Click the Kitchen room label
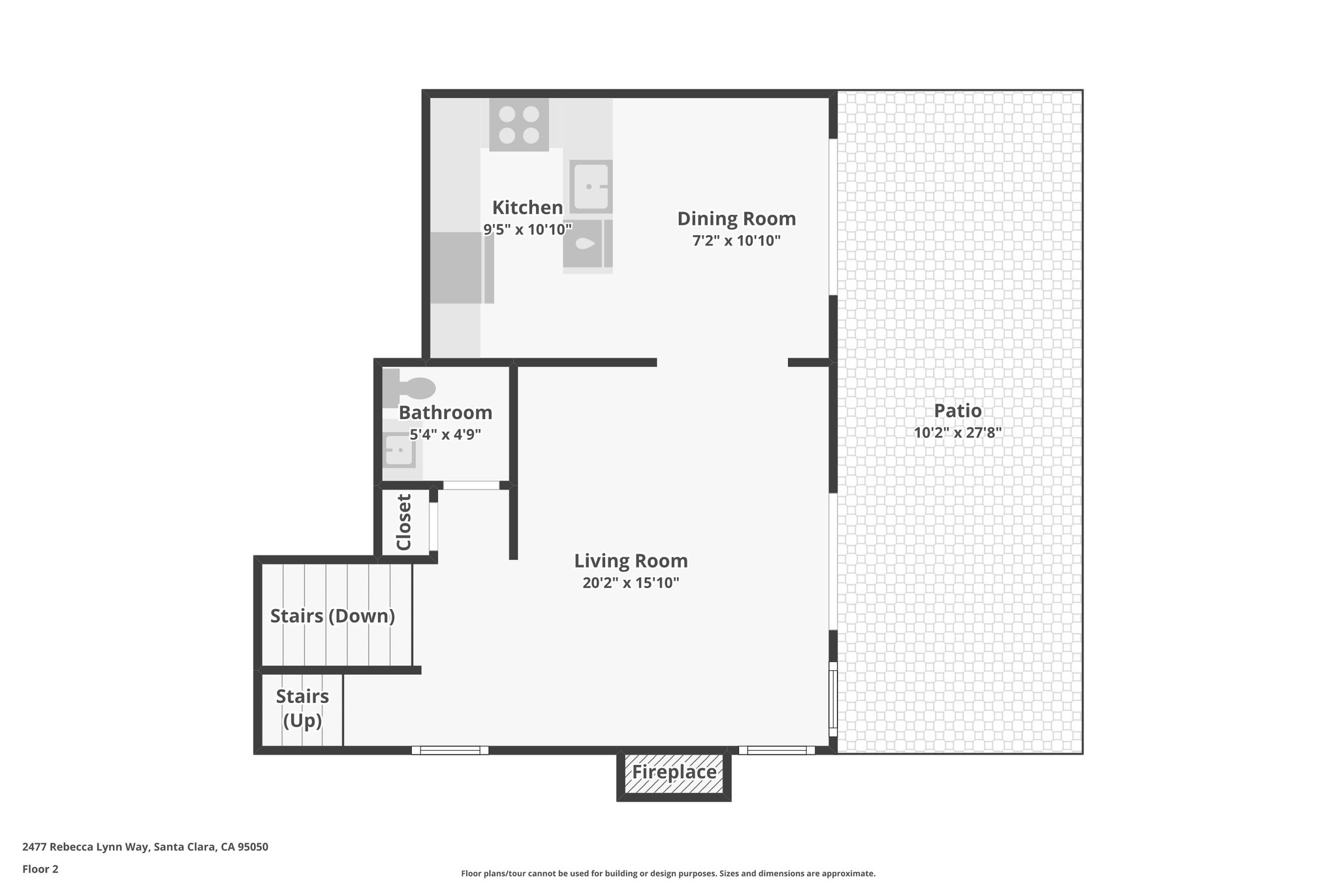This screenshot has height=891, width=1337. point(527,208)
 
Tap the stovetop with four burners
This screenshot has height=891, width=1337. point(519,125)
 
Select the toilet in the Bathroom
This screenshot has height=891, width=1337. point(410,388)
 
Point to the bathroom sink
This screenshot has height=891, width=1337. point(398,450)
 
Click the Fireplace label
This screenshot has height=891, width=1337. point(674,772)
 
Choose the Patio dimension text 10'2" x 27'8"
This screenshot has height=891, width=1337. point(958,432)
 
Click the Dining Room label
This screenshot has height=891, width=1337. point(736,218)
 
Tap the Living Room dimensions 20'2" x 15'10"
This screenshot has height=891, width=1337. point(631,583)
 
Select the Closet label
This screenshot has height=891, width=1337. point(404,522)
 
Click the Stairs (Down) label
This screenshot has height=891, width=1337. point(332,616)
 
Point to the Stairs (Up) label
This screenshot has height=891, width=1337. point(302,708)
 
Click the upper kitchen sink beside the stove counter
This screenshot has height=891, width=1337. point(591,186)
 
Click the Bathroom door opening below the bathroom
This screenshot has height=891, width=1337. point(471,485)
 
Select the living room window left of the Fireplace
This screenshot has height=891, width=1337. point(450,751)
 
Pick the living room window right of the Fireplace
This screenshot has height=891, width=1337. point(776,751)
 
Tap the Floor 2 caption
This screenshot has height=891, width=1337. point(40,869)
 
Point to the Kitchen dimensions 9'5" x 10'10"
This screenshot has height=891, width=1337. point(527,229)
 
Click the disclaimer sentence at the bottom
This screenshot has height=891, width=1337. point(668,873)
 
